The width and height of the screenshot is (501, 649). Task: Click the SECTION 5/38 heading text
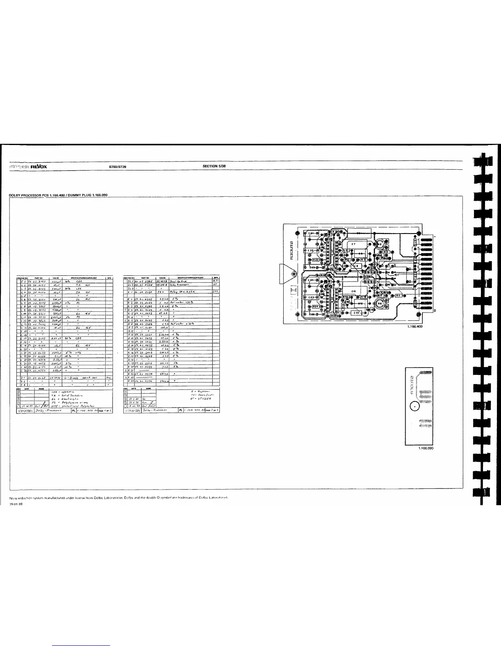[x=214, y=166]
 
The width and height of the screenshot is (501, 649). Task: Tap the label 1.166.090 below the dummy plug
[x=426, y=448]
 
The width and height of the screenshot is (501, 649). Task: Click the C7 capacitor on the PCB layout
[x=354, y=245]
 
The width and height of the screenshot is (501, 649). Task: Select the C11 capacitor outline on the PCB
[x=354, y=290]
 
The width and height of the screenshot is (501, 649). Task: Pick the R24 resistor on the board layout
[x=316, y=306]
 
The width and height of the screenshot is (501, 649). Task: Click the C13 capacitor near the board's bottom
[x=356, y=313]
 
